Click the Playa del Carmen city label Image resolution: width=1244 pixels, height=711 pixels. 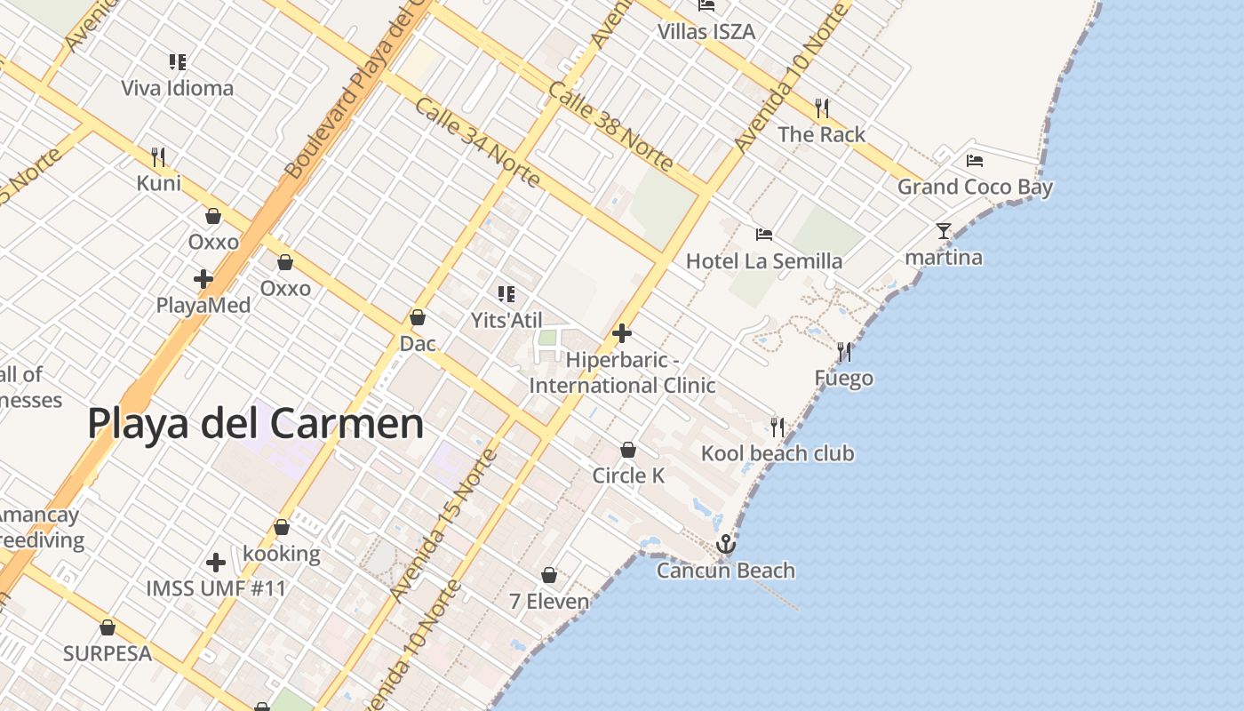(x=255, y=424)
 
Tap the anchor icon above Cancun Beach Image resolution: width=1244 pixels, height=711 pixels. (x=726, y=543)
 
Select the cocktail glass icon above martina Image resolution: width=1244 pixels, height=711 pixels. (x=943, y=231)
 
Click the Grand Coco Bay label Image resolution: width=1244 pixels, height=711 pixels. (x=975, y=187)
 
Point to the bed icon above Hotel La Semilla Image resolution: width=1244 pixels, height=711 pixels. (x=763, y=235)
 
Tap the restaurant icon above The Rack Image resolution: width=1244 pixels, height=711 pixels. (x=822, y=108)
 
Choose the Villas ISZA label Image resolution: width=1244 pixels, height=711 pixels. (x=706, y=32)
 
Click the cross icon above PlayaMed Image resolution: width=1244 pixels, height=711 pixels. (x=203, y=279)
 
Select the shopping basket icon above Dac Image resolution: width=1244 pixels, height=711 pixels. (x=418, y=317)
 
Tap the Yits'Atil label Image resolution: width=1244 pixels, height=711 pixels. (x=506, y=320)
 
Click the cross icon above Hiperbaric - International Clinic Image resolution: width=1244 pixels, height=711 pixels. (x=622, y=333)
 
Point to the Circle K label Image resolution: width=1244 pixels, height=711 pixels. (x=628, y=475)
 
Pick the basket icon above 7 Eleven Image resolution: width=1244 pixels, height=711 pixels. (x=549, y=575)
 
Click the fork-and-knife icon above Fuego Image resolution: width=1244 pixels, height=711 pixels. (x=843, y=352)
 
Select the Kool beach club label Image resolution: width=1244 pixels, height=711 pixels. (x=777, y=453)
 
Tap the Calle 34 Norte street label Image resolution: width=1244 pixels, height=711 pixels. (x=478, y=142)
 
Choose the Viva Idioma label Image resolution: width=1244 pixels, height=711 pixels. (x=178, y=88)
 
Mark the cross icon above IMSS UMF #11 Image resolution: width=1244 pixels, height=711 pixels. (x=216, y=563)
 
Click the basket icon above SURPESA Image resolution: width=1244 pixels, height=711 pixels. (x=108, y=627)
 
